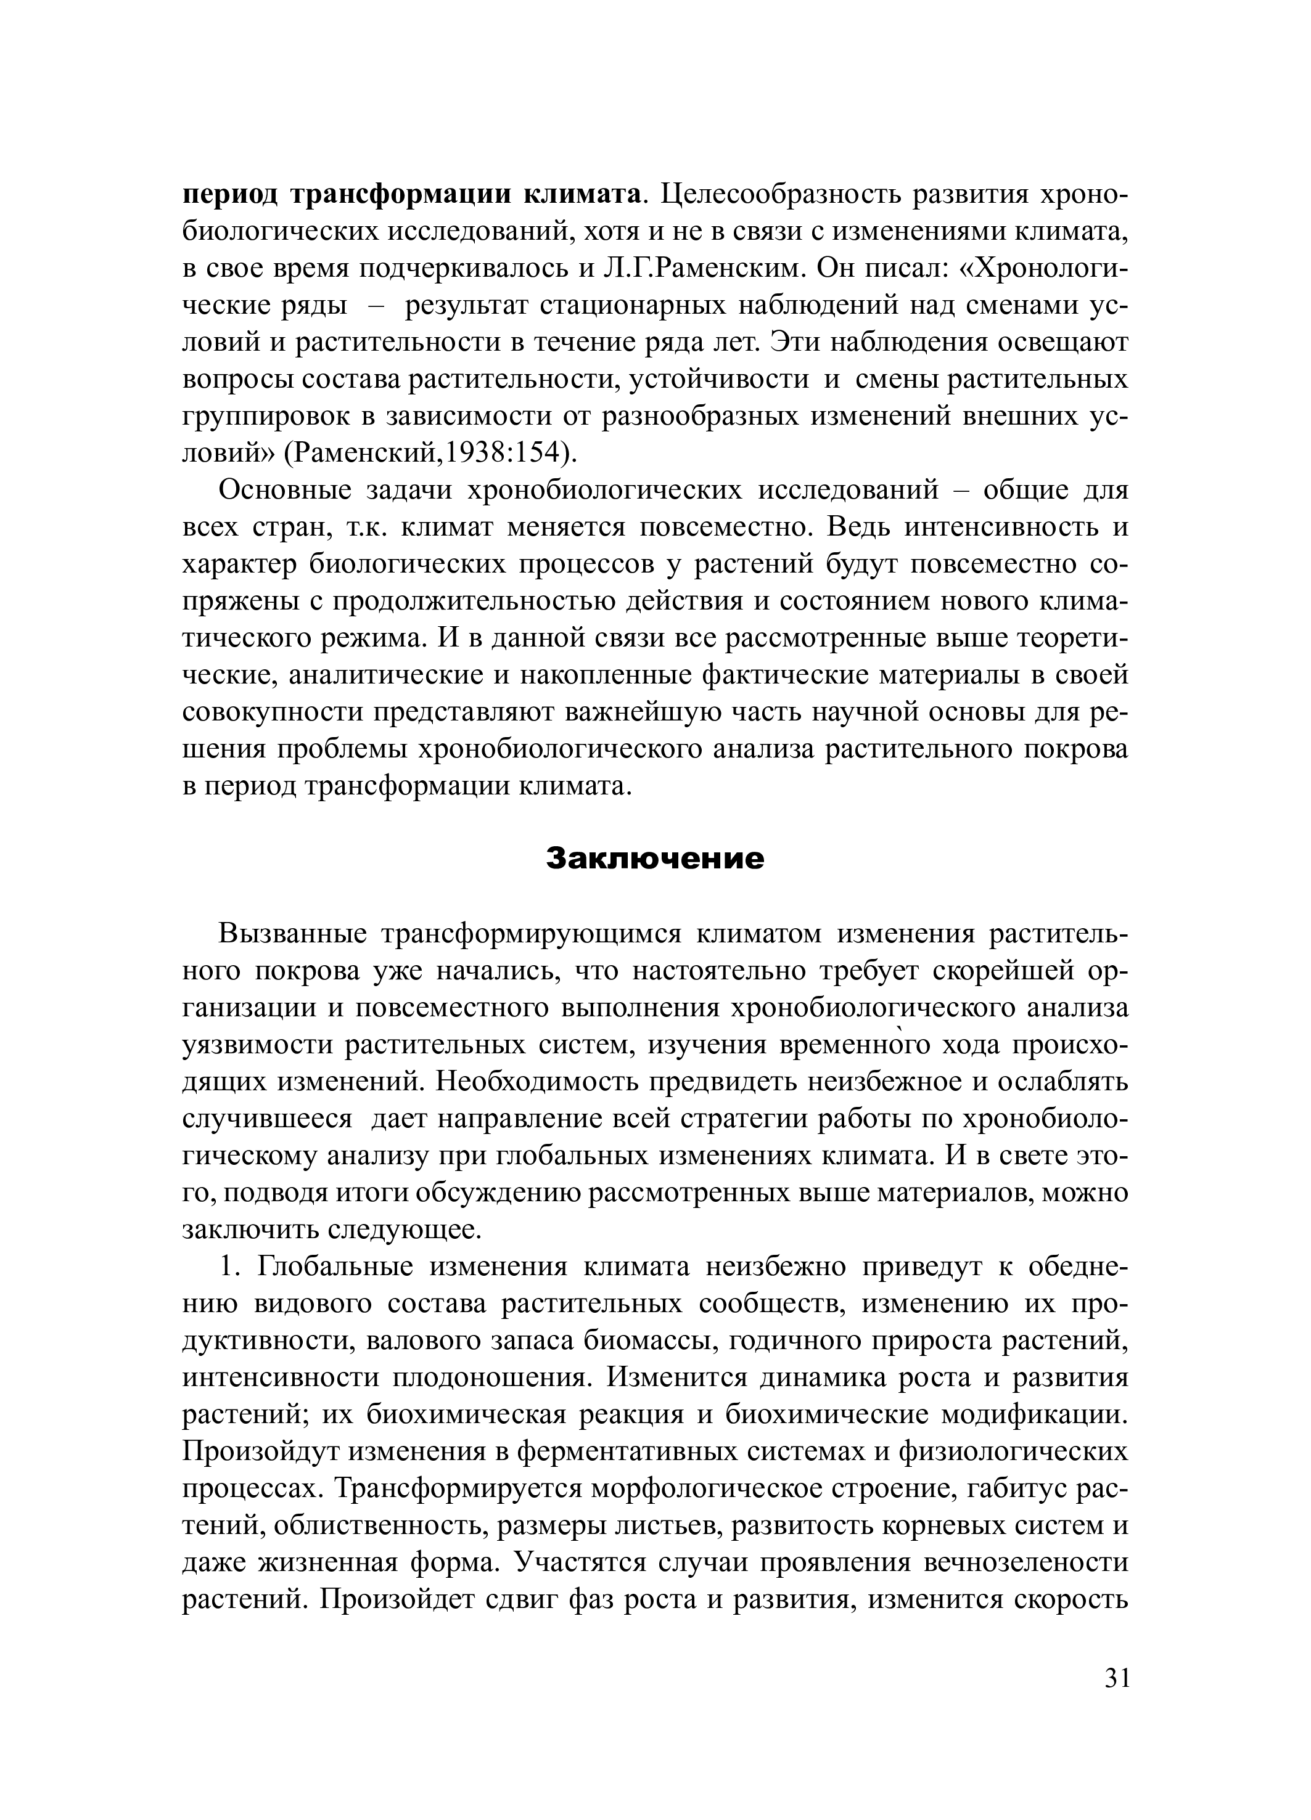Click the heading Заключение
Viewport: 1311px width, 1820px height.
pyautogui.click(x=654, y=859)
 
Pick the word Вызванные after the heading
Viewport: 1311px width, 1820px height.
pyautogui.click(x=292, y=935)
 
